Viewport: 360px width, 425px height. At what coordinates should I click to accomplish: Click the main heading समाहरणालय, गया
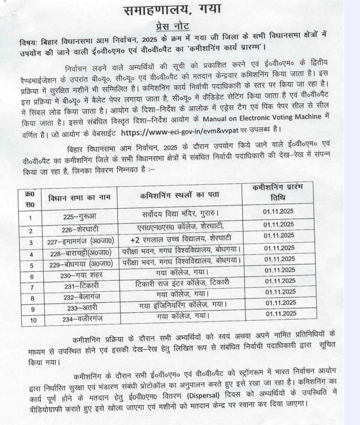click(172, 10)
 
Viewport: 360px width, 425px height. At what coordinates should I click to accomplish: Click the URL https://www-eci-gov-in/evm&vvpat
click(180, 131)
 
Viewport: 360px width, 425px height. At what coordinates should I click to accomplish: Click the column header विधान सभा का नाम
click(79, 197)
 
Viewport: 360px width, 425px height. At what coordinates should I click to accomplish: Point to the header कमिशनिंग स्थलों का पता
click(179, 195)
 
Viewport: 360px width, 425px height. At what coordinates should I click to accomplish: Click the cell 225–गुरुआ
click(79, 216)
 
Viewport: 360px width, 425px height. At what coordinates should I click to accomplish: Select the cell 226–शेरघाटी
click(80, 229)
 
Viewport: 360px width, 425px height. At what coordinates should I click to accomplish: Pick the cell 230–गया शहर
click(81, 275)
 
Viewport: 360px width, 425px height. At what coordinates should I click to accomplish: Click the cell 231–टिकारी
click(81, 286)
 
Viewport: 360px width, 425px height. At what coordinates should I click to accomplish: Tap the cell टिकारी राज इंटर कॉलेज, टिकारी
click(182, 283)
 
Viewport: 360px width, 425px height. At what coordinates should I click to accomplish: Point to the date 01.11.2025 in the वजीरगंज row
click(281, 313)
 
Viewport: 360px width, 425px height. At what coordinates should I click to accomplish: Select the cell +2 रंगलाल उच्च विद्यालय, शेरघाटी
click(181, 239)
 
